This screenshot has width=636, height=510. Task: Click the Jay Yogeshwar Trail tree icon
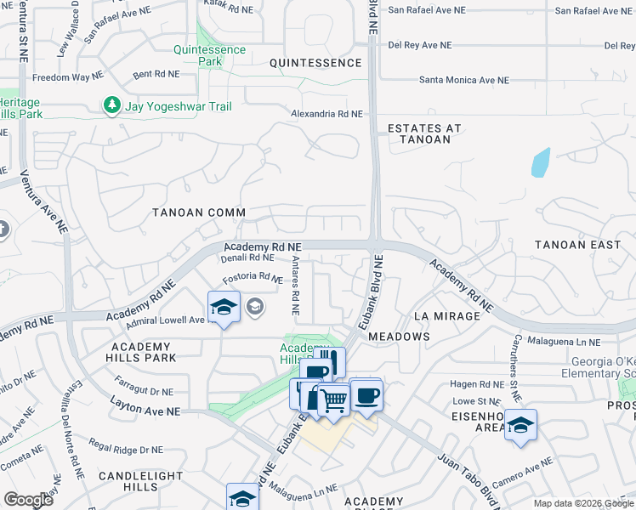(x=111, y=105)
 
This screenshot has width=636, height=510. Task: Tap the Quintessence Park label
(x=210, y=55)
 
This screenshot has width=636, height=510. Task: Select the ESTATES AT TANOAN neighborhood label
(x=424, y=133)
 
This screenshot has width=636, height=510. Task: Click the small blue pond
(x=540, y=162)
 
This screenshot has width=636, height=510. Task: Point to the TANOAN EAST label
(x=578, y=245)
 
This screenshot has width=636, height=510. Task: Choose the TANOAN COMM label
(x=199, y=212)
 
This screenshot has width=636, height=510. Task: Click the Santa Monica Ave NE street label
(x=463, y=80)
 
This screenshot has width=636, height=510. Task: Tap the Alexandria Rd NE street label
(x=327, y=114)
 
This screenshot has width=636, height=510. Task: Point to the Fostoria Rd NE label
(x=253, y=278)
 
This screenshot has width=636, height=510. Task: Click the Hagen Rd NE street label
(x=477, y=384)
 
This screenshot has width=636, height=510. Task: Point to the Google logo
(x=28, y=500)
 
